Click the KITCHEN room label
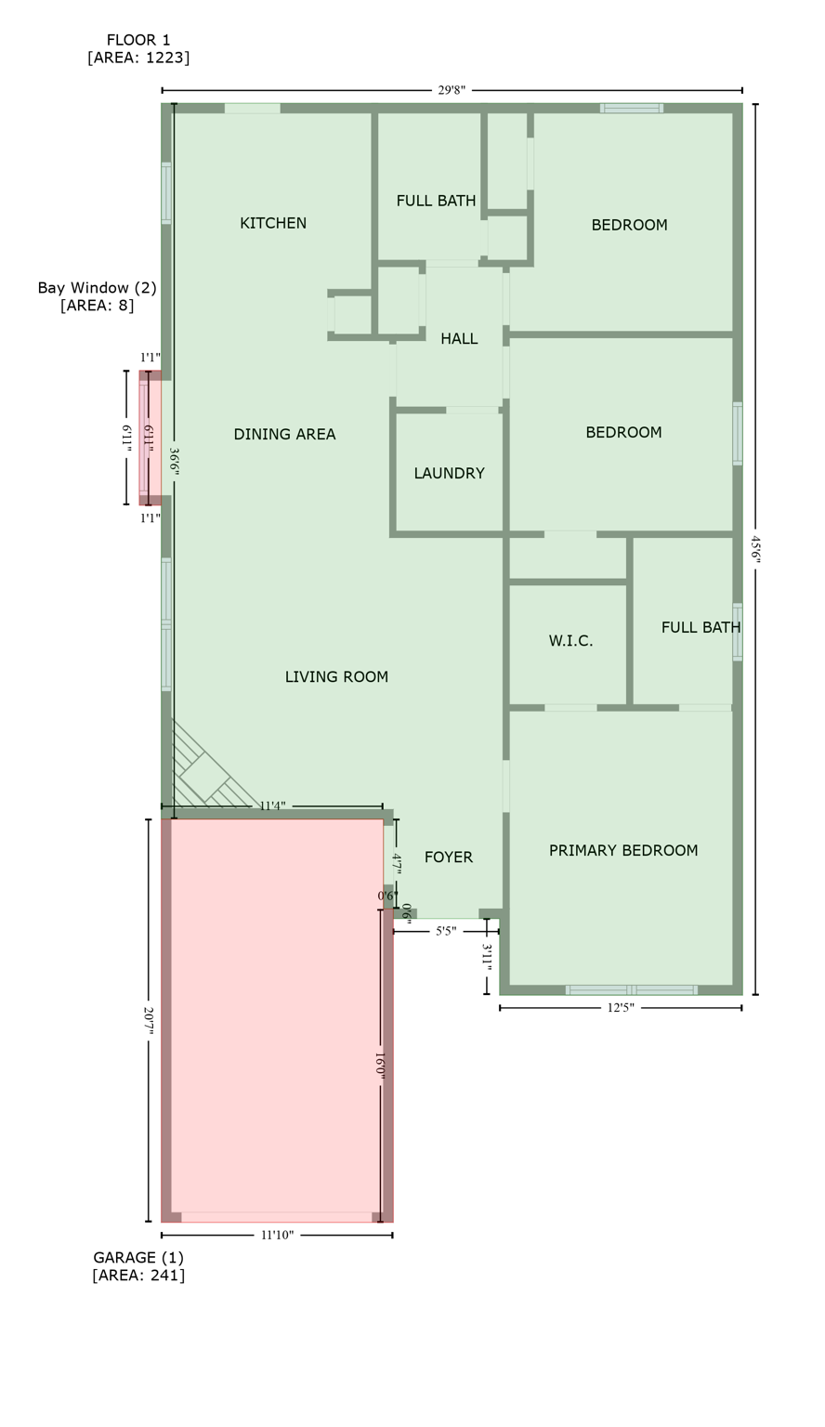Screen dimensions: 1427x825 coord(273,223)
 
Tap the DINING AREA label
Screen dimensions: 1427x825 coord(284,434)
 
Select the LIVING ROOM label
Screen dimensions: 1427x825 coord(336,676)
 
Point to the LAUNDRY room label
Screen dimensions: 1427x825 coord(449,473)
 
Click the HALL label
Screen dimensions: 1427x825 coord(459,339)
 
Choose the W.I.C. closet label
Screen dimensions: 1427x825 coord(570,641)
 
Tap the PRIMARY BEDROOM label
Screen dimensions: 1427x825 coord(622,850)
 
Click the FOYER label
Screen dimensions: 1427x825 coord(449,857)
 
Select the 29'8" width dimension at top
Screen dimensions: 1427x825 coord(452,90)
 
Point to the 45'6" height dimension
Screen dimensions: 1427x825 coord(755,549)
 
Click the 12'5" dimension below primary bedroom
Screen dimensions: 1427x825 coord(620,1008)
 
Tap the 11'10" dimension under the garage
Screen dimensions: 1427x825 coord(277,1235)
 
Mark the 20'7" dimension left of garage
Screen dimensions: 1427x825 coord(149,1020)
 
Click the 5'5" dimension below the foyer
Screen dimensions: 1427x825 coord(446,931)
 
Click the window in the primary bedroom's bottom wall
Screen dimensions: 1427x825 coord(632,989)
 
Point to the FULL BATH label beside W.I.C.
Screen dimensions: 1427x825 coord(701,627)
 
